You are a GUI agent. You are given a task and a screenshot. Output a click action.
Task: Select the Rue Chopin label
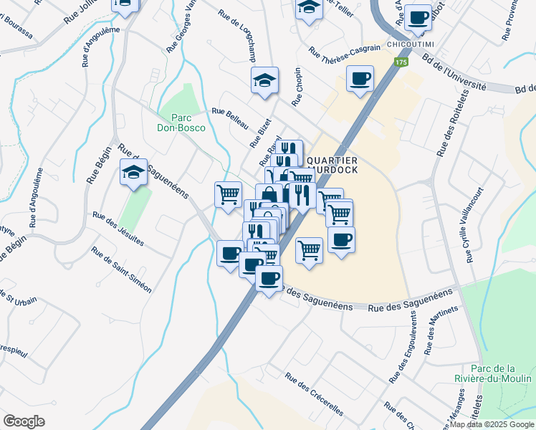tap(299, 89)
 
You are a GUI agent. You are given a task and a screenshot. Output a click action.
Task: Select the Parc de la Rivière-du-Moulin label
tap(493, 372)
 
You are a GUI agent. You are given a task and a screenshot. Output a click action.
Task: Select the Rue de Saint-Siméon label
tap(121, 269)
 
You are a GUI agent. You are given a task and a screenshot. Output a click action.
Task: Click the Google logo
tap(24, 421)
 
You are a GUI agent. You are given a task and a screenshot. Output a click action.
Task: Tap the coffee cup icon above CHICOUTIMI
tap(418, 18)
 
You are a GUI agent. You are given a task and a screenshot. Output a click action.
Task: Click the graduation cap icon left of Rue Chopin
tap(264, 80)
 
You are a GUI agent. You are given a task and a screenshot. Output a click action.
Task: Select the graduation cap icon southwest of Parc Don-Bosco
tap(133, 172)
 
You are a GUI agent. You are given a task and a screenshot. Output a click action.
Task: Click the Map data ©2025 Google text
tap(492, 424)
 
